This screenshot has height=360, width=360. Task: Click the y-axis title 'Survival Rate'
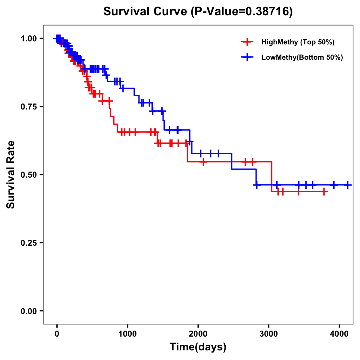(x=11, y=175)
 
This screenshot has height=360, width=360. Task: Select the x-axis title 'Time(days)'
(x=198, y=347)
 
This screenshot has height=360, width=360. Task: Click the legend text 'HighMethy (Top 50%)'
(x=298, y=42)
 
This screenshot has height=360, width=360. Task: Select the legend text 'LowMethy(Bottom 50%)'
(x=302, y=57)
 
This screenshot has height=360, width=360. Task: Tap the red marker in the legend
(x=247, y=42)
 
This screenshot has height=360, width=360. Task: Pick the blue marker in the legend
(x=247, y=57)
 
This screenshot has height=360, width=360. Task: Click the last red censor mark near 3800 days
(x=324, y=191)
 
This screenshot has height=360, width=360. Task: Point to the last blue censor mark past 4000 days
(x=347, y=185)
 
